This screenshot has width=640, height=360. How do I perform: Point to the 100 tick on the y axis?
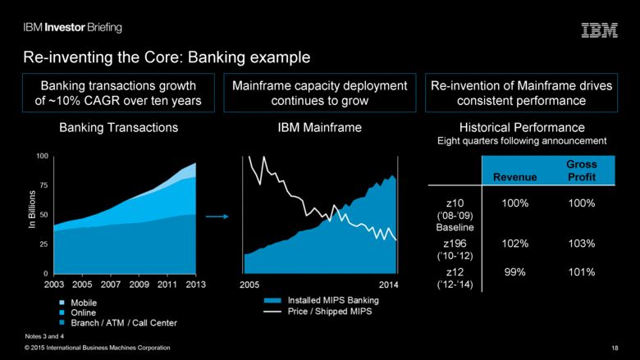click(x=42, y=155)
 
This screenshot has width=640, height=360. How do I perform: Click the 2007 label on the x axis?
click(x=110, y=284)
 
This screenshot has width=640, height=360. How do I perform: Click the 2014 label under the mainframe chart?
click(x=390, y=284)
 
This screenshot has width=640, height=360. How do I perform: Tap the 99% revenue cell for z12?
click(x=515, y=272)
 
